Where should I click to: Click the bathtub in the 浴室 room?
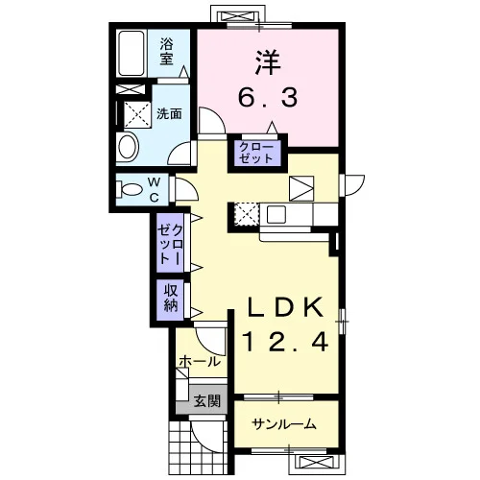[132, 53]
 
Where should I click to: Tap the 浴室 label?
[167, 51]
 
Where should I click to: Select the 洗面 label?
[169, 113]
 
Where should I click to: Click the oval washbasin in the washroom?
[128, 147]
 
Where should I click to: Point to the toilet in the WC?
[130, 189]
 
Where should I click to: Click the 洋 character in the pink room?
[268, 62]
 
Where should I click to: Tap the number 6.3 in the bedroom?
[268, 98]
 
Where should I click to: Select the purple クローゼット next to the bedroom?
[256, 153]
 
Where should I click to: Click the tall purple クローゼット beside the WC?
[170, 243]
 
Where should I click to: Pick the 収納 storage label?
[171, 299]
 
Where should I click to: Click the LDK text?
[285, 307]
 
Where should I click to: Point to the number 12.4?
[285, 342]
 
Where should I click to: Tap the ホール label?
[200, 362]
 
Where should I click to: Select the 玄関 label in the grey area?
[207, 400]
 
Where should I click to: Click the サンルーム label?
[284, 424]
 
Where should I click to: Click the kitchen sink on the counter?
[276, 214]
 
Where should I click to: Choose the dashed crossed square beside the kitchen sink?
[247, 214]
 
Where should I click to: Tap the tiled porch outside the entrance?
[199, 447]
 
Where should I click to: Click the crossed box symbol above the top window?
[238, 16]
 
